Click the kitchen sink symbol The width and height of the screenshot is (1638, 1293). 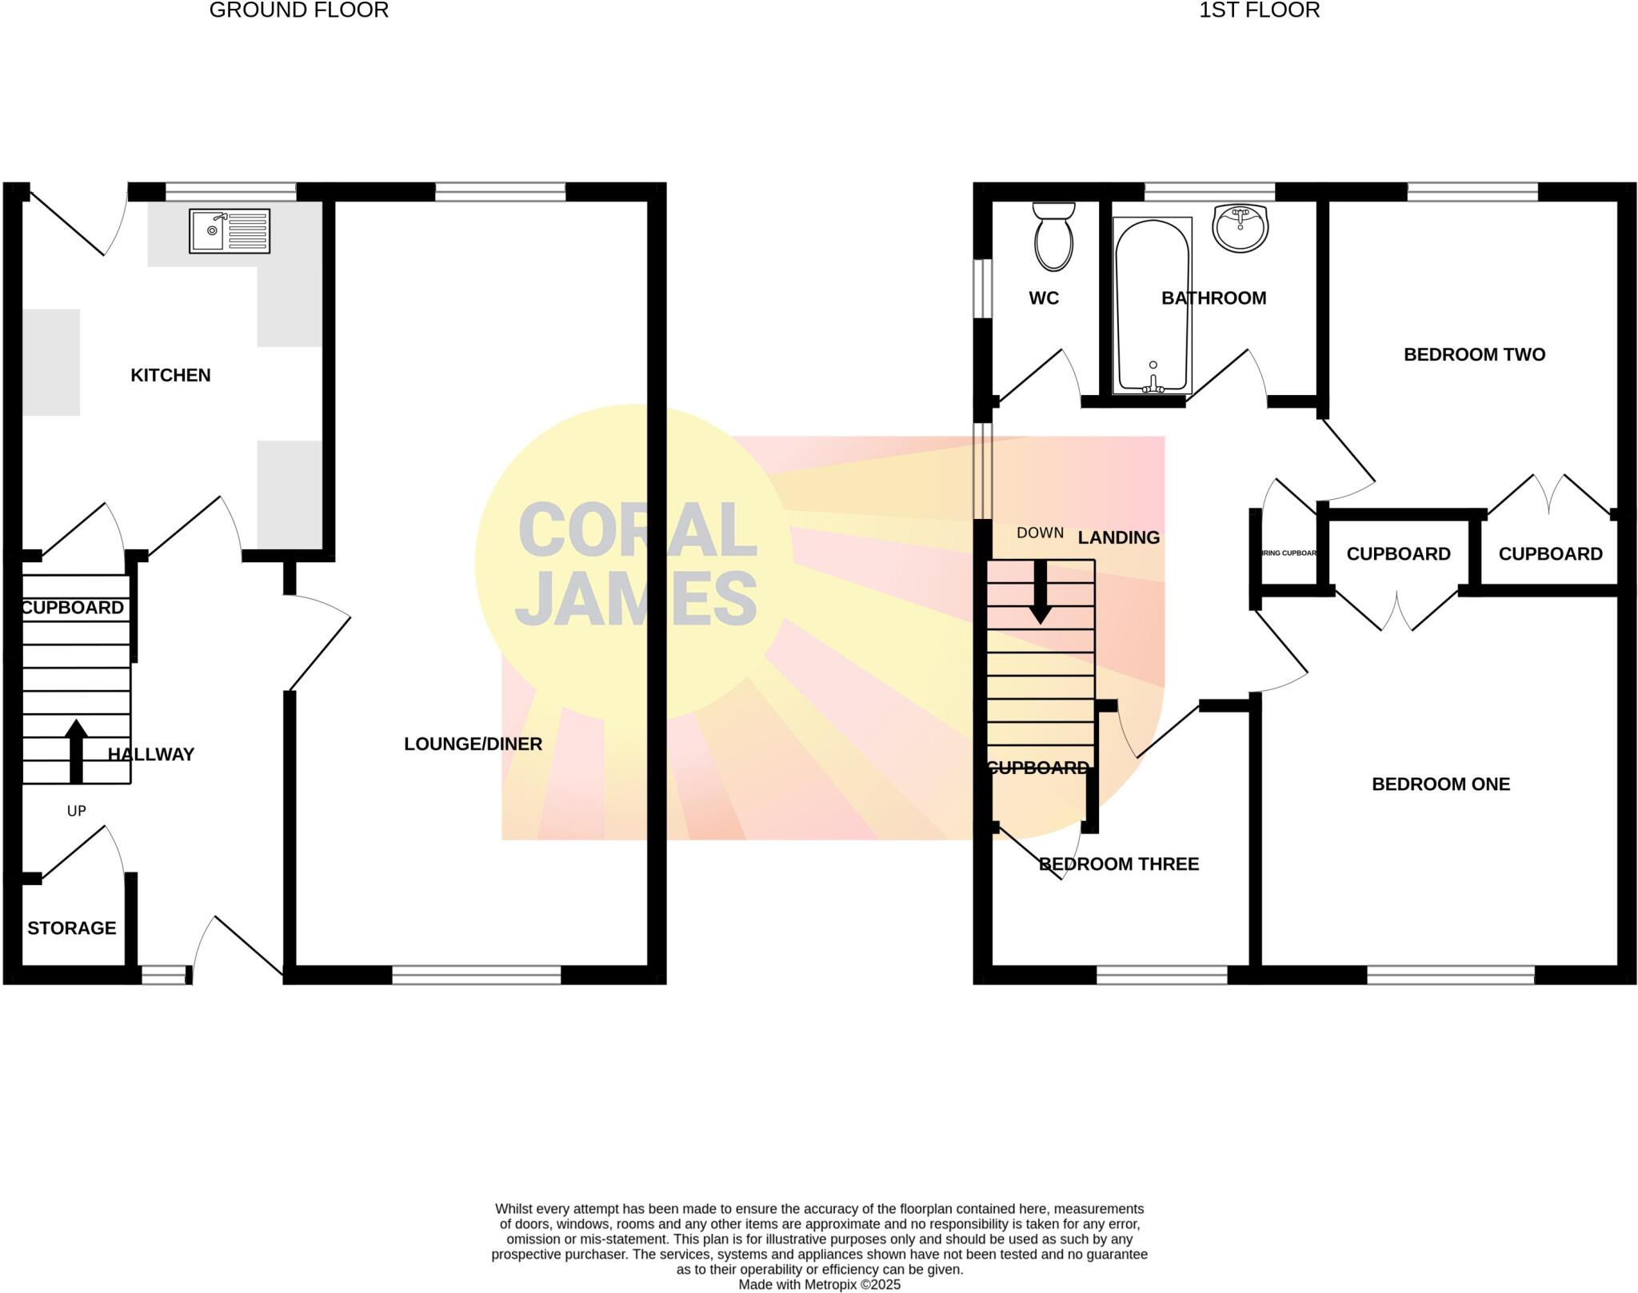(230, 231)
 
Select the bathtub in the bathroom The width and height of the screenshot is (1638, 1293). (1153, 305)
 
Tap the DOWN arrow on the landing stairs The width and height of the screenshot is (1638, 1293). (1041, 592)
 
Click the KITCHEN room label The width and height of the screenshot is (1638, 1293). (170, 375)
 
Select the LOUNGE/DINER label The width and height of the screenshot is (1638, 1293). (473, 744)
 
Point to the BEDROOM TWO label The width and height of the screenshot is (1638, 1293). (1474, 354)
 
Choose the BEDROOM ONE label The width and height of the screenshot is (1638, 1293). (1440, 784)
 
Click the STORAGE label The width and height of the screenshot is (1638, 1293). (72, 928)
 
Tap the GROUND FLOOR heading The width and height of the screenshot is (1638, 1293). (298, 10)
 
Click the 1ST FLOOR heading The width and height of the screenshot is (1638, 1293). (1259, 10)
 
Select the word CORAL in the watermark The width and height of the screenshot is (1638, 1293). (637, 529)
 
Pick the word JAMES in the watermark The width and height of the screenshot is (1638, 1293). (636, 599)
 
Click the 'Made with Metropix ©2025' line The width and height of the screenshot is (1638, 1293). (819, 1284)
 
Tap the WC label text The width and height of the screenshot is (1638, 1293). (1044, 298)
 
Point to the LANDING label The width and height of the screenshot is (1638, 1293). (1118, 537)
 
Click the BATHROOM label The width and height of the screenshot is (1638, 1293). (1213, 298)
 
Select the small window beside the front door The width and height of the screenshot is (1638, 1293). (163, 975)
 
